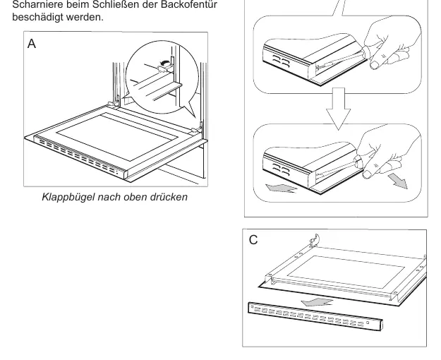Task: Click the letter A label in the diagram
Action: click(x=32, y=44)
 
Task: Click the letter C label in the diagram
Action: click(x=253, y=240)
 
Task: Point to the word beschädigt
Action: click(x=37, y=17)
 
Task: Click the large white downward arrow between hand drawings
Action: click(x=339, y=109)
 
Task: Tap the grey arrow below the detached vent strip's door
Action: click(x=317, y=303)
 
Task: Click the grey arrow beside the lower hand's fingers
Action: click(x=398, y=181)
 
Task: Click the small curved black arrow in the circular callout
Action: click(x=165, y=62)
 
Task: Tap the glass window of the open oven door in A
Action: click(x=117, y=137)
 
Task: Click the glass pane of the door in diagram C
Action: click(x=346, y=272)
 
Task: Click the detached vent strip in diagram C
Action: click(x=315, y=316)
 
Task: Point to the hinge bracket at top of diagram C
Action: click(x=315, y=240)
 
